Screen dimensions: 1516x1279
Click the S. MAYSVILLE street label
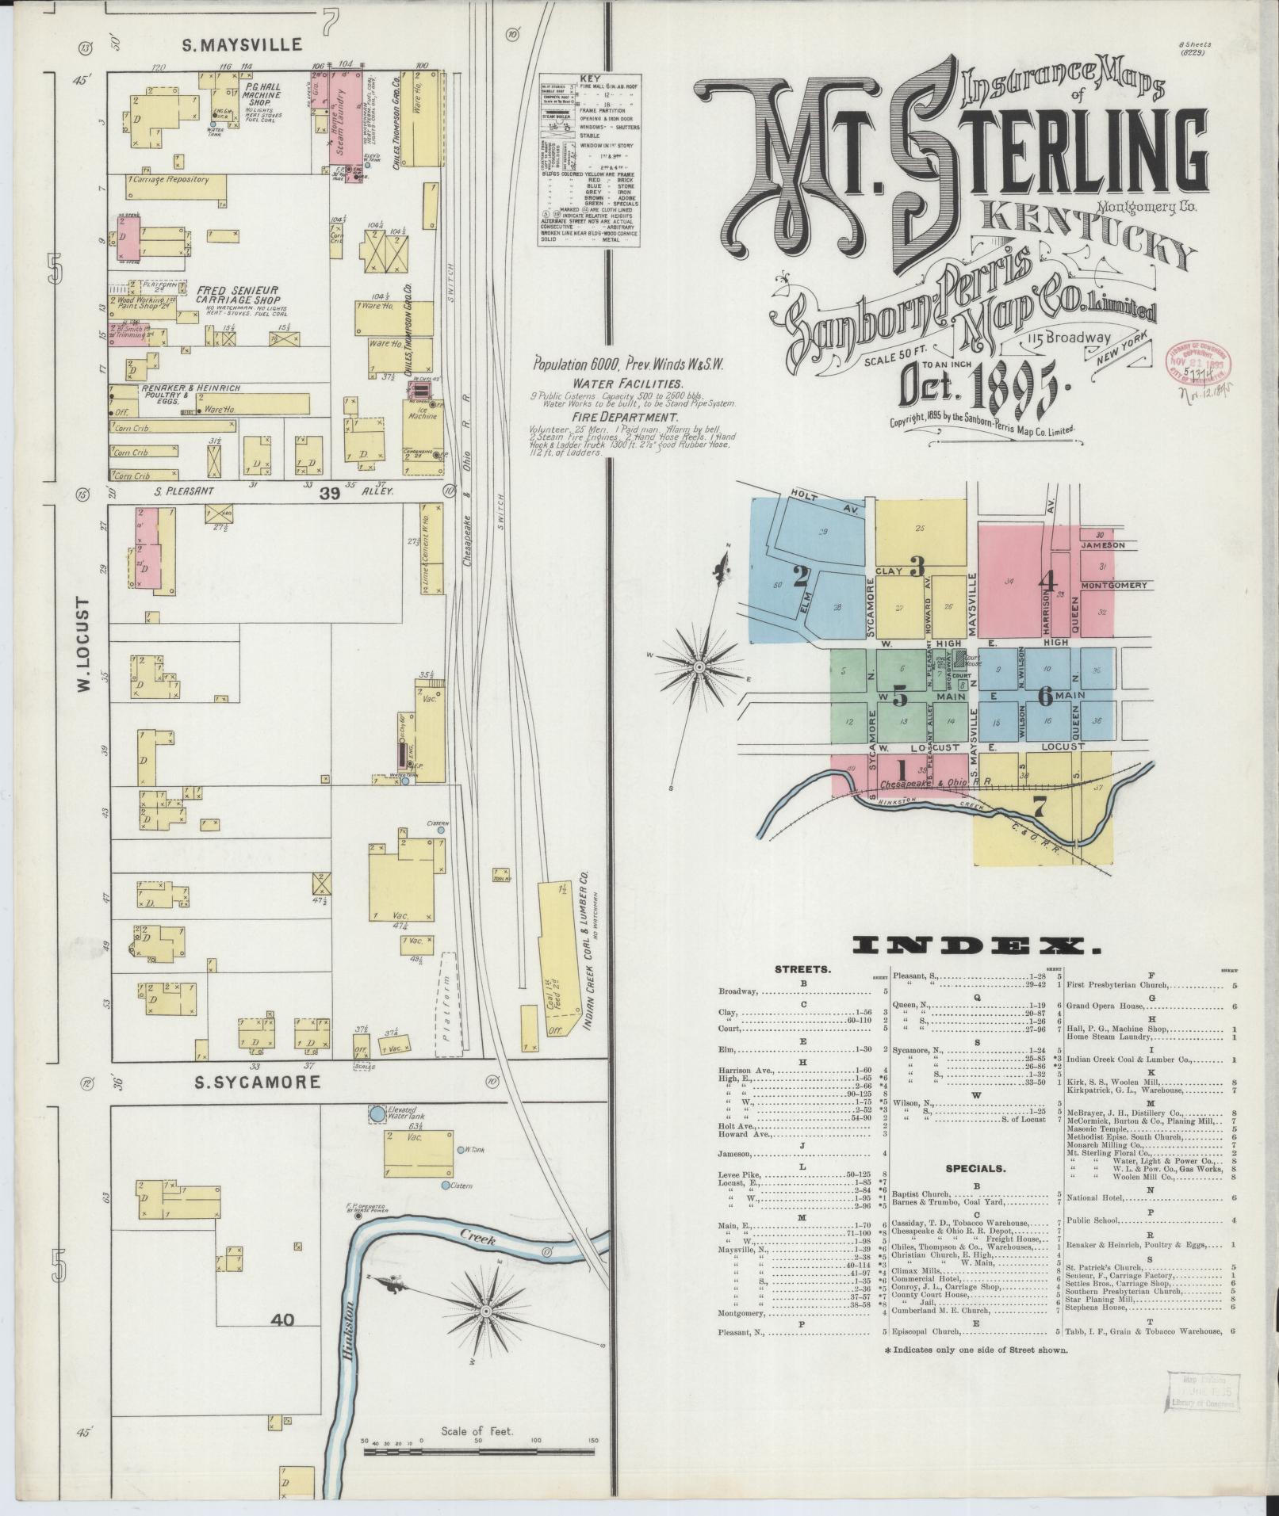click(242, 45)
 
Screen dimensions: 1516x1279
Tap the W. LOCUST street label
click(86, 643)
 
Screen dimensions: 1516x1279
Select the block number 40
click(282, 1319)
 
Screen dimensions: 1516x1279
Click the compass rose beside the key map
click(699, 668)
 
